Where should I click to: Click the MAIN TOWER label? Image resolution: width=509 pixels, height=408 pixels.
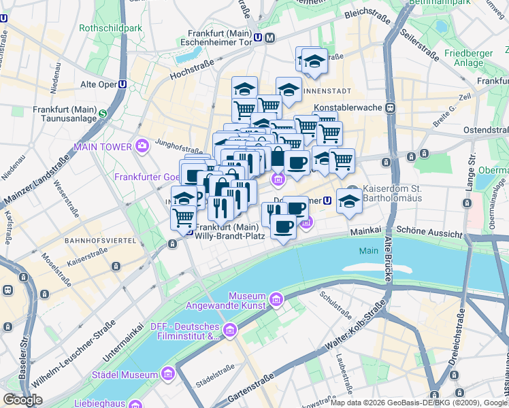tap(103, 146)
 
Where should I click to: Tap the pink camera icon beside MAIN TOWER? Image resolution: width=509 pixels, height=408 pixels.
tap(142, 145)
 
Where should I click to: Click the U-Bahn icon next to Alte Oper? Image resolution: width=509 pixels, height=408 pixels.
tap(122, 84)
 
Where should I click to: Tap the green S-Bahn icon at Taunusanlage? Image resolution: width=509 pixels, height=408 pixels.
tap(103, 114)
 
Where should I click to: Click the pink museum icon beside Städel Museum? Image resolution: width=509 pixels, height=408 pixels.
tap(167, 374)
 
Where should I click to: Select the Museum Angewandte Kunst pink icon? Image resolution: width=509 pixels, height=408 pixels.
tap(276, 299)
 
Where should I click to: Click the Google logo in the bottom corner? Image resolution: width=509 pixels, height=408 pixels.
tap(22, 399)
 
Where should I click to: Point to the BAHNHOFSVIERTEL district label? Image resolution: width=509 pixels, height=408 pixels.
tap(95, 241)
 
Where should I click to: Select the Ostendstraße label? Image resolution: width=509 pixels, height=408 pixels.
tap(485, 129)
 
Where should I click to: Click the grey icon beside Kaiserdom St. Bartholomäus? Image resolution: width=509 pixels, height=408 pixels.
tap(352, 189)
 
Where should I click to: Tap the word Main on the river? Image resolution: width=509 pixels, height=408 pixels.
tap(368, 251)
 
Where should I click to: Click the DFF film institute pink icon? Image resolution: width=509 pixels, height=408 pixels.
tap(229, 330)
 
